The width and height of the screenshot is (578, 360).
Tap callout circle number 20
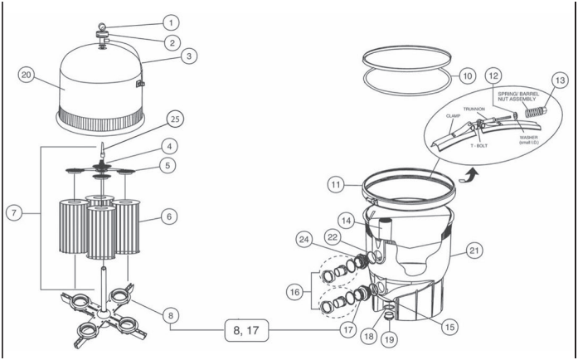coord(26,75)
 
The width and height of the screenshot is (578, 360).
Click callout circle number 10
coord(467,75)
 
